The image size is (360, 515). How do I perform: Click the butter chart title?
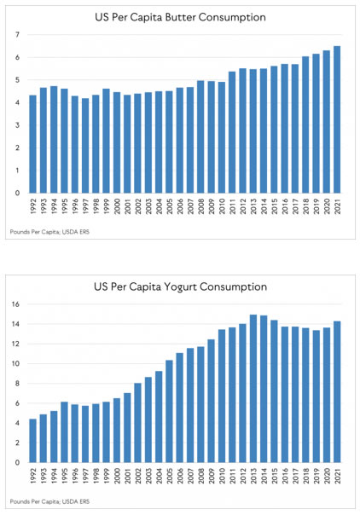(x=180, y=17)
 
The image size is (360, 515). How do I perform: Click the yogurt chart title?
(x=180, y=286)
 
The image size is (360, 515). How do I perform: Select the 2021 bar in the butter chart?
(x=337, y=119)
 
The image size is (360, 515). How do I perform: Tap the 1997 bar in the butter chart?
(x=85, y=146)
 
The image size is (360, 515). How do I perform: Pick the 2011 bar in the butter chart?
(x=232, y=132)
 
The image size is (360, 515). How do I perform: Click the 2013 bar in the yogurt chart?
(x=253, y=389)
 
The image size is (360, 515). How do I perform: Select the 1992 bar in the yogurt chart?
(x=33, y=441)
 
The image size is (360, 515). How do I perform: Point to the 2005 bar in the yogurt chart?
(x=169, y=411)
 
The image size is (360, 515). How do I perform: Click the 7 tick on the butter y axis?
(x=17, y=35)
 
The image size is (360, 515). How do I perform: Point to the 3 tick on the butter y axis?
(x=17, y=125)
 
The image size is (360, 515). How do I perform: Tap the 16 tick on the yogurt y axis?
(x=15, y=304)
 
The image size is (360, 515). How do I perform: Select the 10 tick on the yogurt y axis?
(x=15, y=363)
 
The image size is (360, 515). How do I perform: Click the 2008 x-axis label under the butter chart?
(x=201, y=206)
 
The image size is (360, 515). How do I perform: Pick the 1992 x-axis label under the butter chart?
(x=33, y=206)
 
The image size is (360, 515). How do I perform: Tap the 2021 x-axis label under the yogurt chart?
(x=337, y=476)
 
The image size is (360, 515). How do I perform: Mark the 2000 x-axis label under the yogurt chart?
(x=117, y=476)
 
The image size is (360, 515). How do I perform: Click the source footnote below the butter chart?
(x=49, y=232)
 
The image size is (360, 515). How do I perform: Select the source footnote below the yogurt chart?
(x=49, y=501)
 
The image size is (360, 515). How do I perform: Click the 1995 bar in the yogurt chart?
(x=64, y=432)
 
